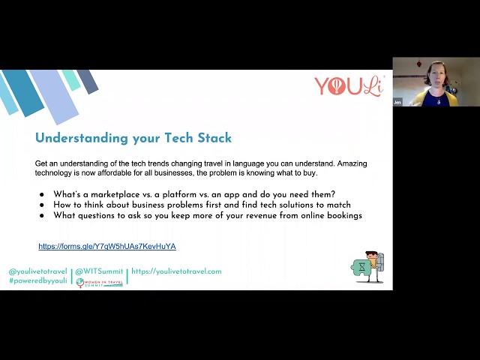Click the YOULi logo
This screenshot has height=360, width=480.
[x=349, y=86]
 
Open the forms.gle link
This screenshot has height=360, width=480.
[x=107, y=246]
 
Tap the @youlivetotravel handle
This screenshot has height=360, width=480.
[x=38, y=271]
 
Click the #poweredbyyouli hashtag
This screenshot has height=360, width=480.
[x=38, y=280]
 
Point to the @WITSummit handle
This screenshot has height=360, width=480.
[x=100, y=271]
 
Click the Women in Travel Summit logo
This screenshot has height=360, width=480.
[x=100, y=283]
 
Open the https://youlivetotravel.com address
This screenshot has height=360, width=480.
[x=176, y=271]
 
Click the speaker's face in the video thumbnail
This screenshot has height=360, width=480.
[x=436, y=74]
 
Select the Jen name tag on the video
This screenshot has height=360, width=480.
[x=397, y=101]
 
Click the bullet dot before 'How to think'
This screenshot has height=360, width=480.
[x=41, y=205]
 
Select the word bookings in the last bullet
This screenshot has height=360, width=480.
[x=342, y=215]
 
